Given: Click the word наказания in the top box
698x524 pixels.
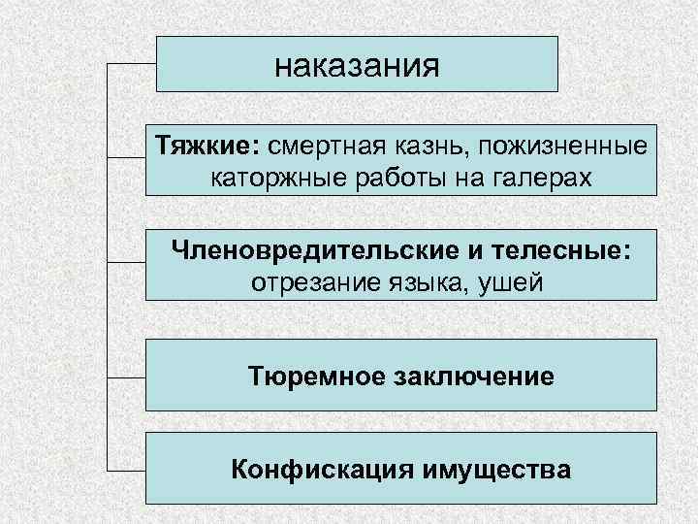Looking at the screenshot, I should (357, 66).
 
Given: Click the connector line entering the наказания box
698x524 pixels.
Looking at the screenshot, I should (131, 65).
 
